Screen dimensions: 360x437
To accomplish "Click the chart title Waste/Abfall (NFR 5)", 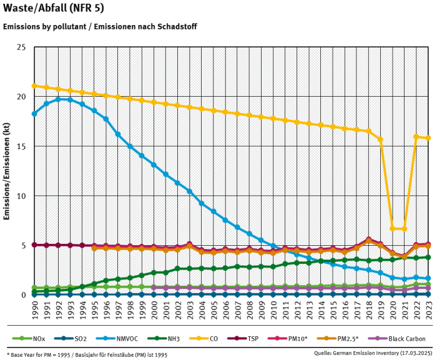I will click(x=54, y=8).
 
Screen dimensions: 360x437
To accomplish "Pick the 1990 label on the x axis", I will click(x=34, y=309).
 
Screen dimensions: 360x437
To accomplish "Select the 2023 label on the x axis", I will click(x=428, y=309).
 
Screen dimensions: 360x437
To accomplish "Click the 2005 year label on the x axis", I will click(x=214, y=309).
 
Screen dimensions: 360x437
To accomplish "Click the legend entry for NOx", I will click(x=34, y=339).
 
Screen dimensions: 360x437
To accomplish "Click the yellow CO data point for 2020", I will click(x=393, y=228).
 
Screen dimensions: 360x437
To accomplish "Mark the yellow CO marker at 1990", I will click(x=34, y=86).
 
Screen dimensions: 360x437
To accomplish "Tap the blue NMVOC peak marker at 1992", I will click(x=58, y=99).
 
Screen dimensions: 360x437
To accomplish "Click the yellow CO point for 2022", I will click(x=416, y=137).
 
